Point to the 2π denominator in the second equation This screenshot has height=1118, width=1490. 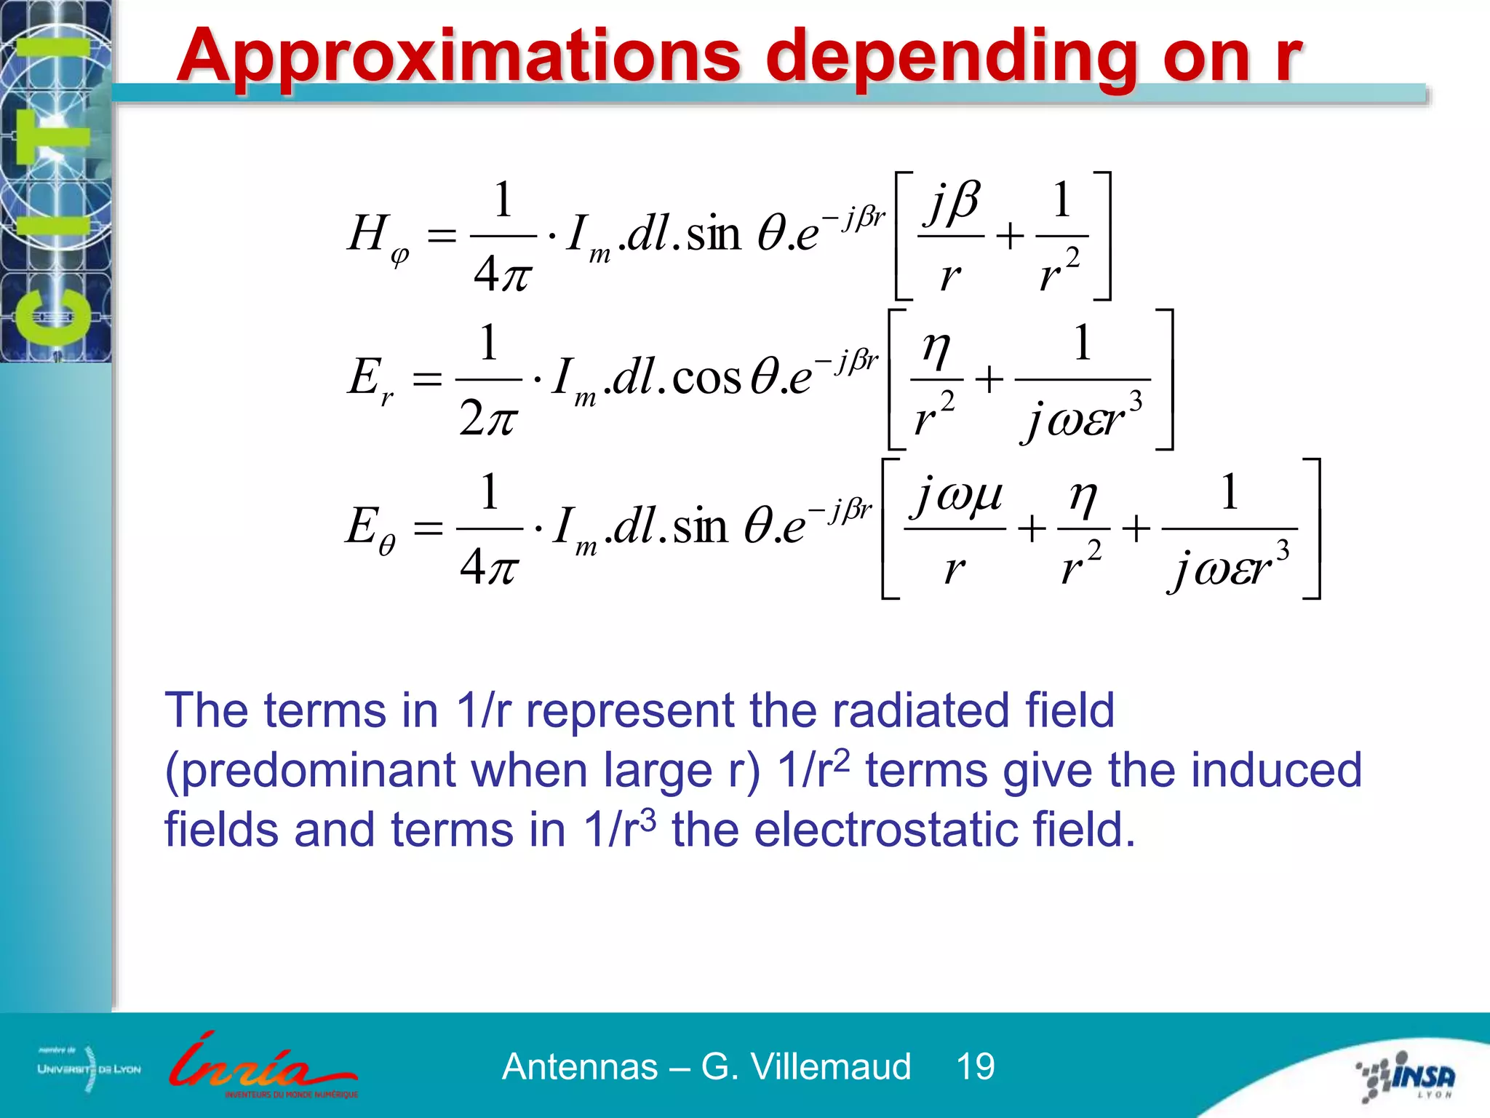point(488,419)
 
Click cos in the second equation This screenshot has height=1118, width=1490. point(706,378)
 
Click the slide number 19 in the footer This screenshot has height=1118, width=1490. point(975,1067)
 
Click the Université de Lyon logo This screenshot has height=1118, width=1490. point(89,1069)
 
